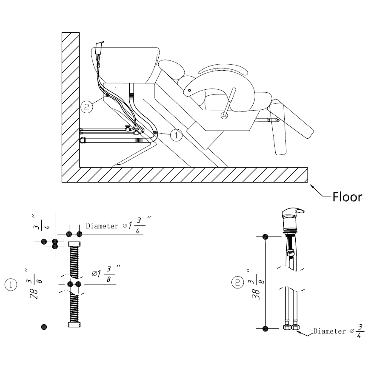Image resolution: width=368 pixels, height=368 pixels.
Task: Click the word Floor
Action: point(347,197)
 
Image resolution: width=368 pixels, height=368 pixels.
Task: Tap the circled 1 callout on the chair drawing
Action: point(176,135)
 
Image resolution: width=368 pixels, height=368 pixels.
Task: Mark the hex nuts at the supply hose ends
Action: point(291,328)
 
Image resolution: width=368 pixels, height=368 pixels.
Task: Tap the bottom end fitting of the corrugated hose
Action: point(74,325)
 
